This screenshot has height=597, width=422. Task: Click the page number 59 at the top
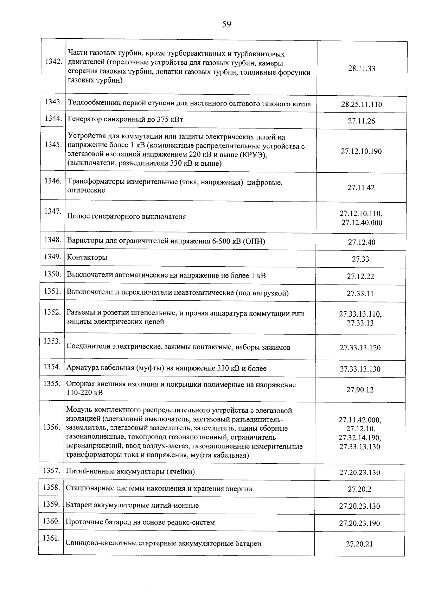tap(226, 24)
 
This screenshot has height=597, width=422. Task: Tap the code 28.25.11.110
tap(362, 104)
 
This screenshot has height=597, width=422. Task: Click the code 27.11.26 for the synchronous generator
tap(362, 121)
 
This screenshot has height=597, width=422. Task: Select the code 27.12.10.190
tap(361, 151)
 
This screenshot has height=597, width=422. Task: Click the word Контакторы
tap(87, 258)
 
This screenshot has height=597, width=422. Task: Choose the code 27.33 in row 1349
tap(360, 259)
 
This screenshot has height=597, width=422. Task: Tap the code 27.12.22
tap(360, 277)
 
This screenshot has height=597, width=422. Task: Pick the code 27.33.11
tap(360, 294)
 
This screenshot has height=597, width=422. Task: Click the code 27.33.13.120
tap(360, 348)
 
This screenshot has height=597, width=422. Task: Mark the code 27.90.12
tap(360, 390)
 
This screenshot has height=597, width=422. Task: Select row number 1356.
tap(52, 427)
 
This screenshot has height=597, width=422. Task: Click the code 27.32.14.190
tap(360, 438)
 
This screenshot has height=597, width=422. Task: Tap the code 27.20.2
tap(359, 489)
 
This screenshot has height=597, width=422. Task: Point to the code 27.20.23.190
tap(359, 523)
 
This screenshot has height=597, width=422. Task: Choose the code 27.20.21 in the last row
tap(359, 544)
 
